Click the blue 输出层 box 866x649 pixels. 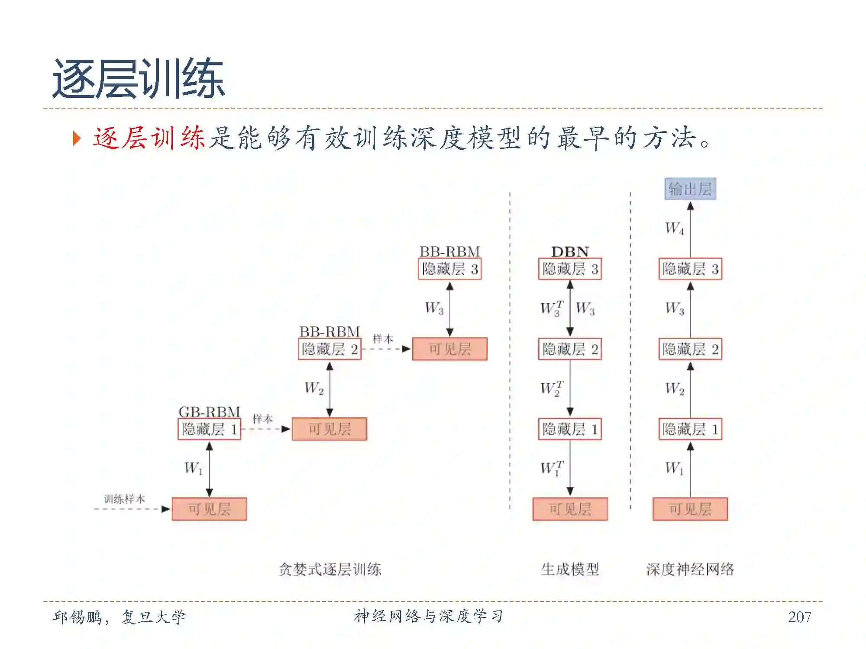pos(690,189)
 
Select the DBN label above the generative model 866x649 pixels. pos(570,251)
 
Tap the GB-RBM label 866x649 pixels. pos(209,411)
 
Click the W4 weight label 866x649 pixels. pos(675,228)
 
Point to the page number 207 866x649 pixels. pos(799,617)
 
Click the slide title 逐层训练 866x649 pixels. pos(139,79)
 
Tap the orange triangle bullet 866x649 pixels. pos(77,138)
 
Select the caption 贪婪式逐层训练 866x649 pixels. pos(330,569)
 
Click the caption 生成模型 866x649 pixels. pos(570,569)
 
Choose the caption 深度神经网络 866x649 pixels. pos(690,569)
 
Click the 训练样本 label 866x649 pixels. pos(124,499)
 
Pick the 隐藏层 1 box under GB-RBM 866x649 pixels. pos(209,429)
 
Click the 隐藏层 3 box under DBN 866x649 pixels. pos(570,269)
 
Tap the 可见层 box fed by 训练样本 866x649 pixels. pos(209,509)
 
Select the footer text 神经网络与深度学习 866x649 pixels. pos(429,616)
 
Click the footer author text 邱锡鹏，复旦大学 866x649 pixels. pos(119,617)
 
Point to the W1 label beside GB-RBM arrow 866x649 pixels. pos(193,468)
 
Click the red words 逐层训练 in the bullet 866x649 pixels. pos(149,138)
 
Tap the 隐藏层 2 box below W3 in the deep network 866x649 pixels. pos(690,349)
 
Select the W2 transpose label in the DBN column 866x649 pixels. pos(552,388)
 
